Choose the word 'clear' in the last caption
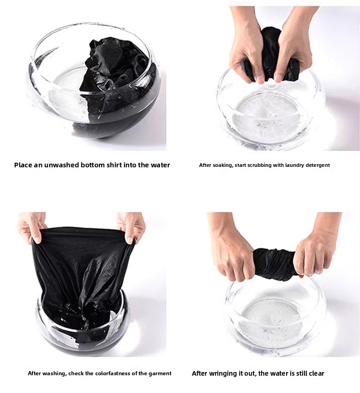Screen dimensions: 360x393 coord(316,373)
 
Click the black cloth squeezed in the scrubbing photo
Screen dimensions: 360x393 coord(266,55)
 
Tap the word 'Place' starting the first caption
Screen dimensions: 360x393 coord(23,165)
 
